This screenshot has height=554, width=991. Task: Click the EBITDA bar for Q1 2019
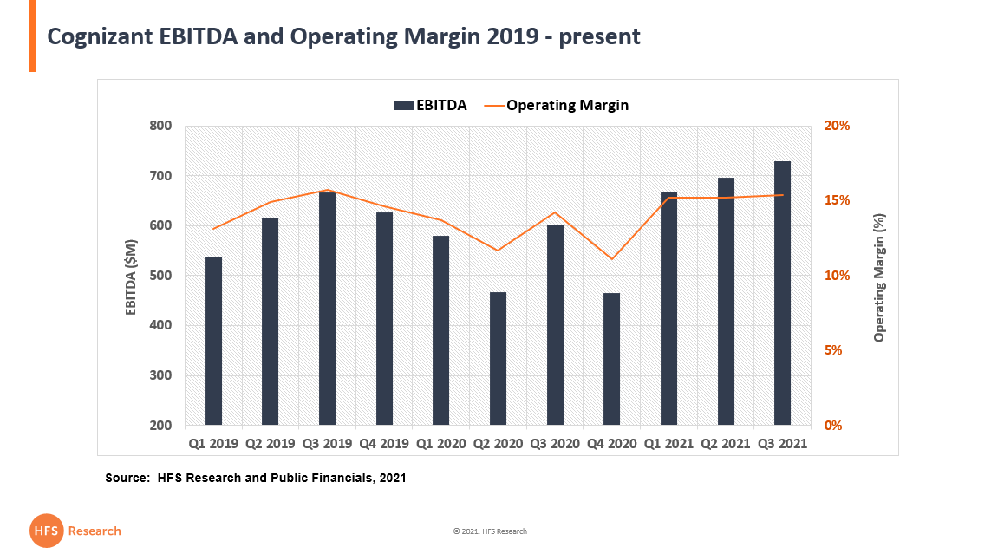pyautogui.click(x=214, y=341)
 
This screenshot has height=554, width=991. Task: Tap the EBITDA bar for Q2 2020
pyautogui.click(x=499, y=358)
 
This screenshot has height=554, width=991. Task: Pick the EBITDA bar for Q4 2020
pyautogui.click(x=612, y=359)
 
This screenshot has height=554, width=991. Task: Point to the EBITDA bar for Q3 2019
pyautogui.click(x=328, y=309)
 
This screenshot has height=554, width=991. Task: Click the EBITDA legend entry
pyautogui.click(x=430, y=105)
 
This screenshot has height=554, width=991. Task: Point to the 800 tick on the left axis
pyautogui.click(x=160, y=126)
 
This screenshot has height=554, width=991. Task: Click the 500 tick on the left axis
pyautogui.click(x=160, y=276)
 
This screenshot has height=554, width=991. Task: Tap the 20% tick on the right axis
pyautogui.click(x=837, y=126)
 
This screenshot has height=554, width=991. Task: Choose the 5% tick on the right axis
pyautogui.click(x=833, y=350)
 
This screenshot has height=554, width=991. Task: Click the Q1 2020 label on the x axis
pyautogui.click(x=441, y=443)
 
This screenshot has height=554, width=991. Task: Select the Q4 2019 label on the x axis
pyautogui.click(x=384, y=443)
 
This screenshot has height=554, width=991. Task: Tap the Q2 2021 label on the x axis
pyautogui.click(x=726, y=443)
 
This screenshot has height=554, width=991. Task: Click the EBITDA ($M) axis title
pyautogui.click(x=132, y=276)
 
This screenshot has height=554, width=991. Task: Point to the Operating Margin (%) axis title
pyautogui.click(x=879, y=276)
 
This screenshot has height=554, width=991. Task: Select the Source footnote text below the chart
pyautogui.click(x=256, y=478)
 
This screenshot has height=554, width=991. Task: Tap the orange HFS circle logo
pyautogui.click(x=46, y=531)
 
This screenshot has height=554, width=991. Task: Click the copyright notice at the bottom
pyautogui.click(x=490, y=531)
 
